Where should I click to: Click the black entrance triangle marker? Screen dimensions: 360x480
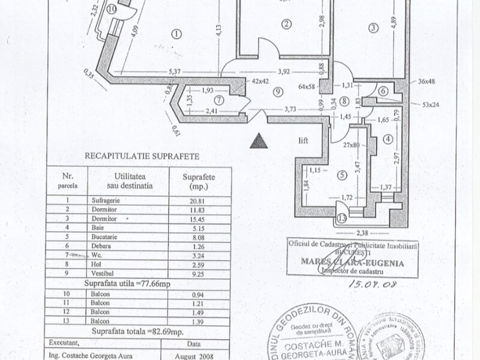(259, 141)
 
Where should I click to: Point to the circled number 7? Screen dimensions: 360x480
(220, 100)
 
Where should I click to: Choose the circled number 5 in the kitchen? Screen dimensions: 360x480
(343, 175)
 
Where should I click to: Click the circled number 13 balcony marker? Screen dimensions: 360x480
(341, 219)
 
